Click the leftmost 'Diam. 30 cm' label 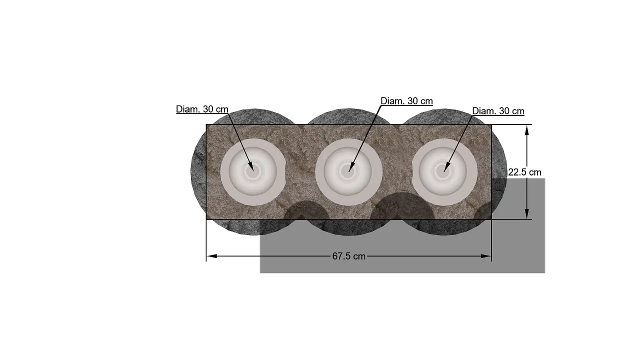[202, 109]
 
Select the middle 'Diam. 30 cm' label [406, 101]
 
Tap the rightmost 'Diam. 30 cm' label [498, 111]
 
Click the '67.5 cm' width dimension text [348, 256]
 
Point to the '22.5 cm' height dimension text [524, 172]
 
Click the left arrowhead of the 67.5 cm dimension [211, 256]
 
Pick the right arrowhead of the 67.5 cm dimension [486, 256]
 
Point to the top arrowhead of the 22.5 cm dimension [526, 129]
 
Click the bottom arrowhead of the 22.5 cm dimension [526, 214]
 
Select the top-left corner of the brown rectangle [206, 124]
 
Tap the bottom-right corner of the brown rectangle [491, 219]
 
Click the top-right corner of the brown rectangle [491, 124]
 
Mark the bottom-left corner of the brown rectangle [206, 219]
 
